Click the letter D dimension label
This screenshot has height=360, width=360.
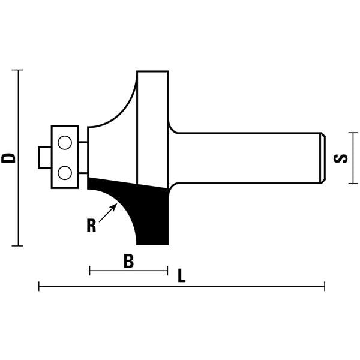pos(8,158)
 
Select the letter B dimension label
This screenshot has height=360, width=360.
pos(128,262)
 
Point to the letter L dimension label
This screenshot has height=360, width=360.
pos(182,276)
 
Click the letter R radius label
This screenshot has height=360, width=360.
pos(91,226)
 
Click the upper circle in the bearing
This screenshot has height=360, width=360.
pos(64,143)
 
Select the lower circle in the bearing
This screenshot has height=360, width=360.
pos(64,173)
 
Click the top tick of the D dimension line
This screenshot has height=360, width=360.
pos(18,70)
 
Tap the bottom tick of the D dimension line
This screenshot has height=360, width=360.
pos(18,245)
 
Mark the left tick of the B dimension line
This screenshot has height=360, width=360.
pos(89,271)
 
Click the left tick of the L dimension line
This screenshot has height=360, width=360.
pos(39,287)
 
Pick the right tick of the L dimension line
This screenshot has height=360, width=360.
pos(325,287)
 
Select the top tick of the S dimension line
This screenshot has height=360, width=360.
pos(352,133)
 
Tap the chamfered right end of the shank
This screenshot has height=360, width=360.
pos(323,158)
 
